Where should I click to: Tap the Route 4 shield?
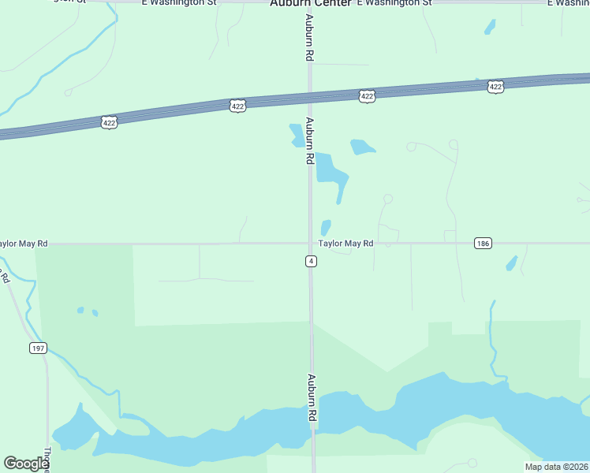[x=312, y=261]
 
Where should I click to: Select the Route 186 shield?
[x=484, y=244]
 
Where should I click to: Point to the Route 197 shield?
[x=37, y=348]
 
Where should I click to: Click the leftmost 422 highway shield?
[x=110, y=123]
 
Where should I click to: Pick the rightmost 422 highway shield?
[x=495, y=87]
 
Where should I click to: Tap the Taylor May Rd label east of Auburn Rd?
[x=345, y=244]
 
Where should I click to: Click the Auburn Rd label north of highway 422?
[x=310, y=39]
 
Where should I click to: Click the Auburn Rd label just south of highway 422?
[x=310, y=140]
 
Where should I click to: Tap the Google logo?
[x=25, y=464]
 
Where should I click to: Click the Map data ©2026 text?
[x=556, y=467]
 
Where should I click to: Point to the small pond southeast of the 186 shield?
[x=511, y=263]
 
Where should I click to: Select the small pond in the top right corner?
[x=490, y=28]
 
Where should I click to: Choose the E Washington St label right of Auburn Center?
[x=394, y=3]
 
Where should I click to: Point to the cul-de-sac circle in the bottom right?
[x=472, y=463]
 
